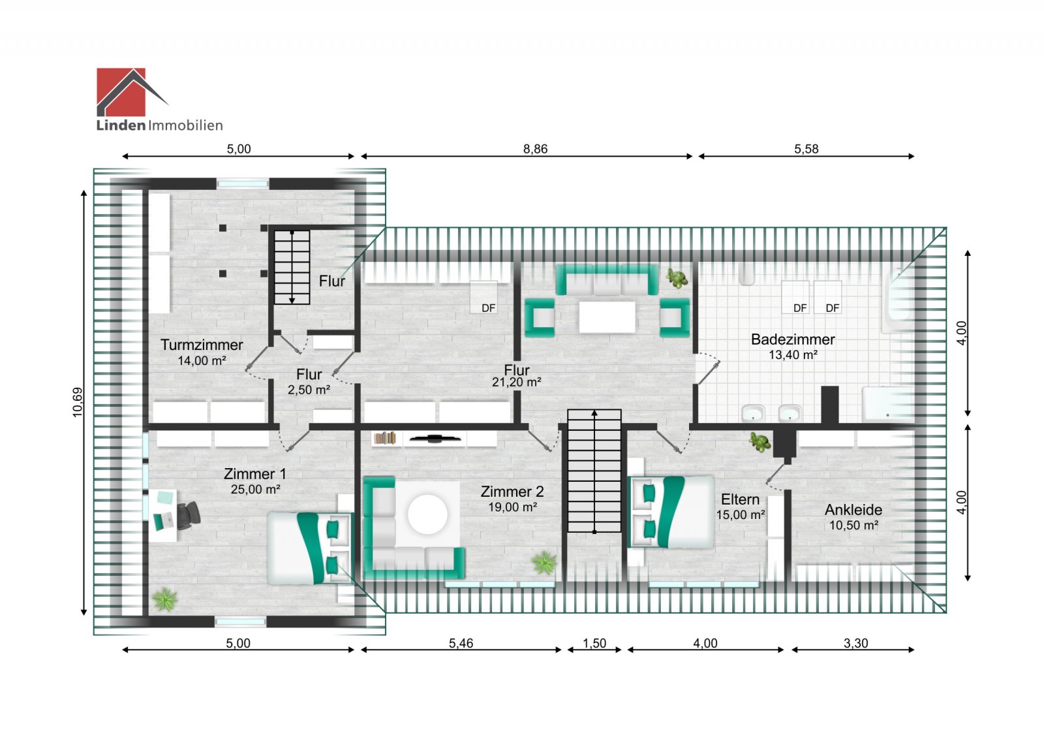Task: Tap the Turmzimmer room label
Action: (x=202, y=345)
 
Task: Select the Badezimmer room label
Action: (x=793, y=339)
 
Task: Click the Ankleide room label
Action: (x=853, y=510)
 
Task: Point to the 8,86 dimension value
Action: (x=535, y=149)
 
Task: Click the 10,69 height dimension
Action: (x=78, y=402)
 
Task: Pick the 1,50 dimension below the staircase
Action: (x=594, y=644)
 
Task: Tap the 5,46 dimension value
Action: (x=461, y=644)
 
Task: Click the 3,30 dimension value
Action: (x=855, y=644)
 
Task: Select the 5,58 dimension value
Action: (x=806, y=149)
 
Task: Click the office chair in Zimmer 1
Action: (x=189, y=515)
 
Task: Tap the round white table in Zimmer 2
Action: (x=427, y=514)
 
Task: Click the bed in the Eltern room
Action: (x=671, y=511)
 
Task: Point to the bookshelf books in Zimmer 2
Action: (x=385, y=438)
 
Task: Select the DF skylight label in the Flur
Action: (x=489, y=308)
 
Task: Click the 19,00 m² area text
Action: (x=512, y=507)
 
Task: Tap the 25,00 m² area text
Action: (x=255, y=490)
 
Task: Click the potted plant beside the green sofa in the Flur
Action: (x=677, y=278)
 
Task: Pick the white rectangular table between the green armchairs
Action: (x=607, y=317)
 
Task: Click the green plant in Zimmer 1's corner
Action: (x=164, y=599)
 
